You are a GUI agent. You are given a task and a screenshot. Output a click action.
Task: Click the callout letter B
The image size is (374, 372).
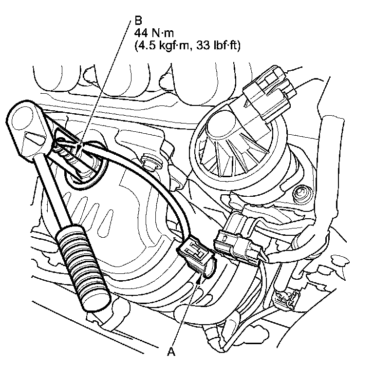[x=138, y=21]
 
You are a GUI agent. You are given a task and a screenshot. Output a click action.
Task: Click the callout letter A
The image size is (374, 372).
[x=171, y=351]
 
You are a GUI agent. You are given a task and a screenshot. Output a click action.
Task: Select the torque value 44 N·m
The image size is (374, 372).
[x=154, y=33]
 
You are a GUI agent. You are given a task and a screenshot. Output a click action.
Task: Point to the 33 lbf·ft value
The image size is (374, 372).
[x=218, y=46]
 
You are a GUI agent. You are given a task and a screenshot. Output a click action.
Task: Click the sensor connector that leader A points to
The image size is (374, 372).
[x=196, y=257]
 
